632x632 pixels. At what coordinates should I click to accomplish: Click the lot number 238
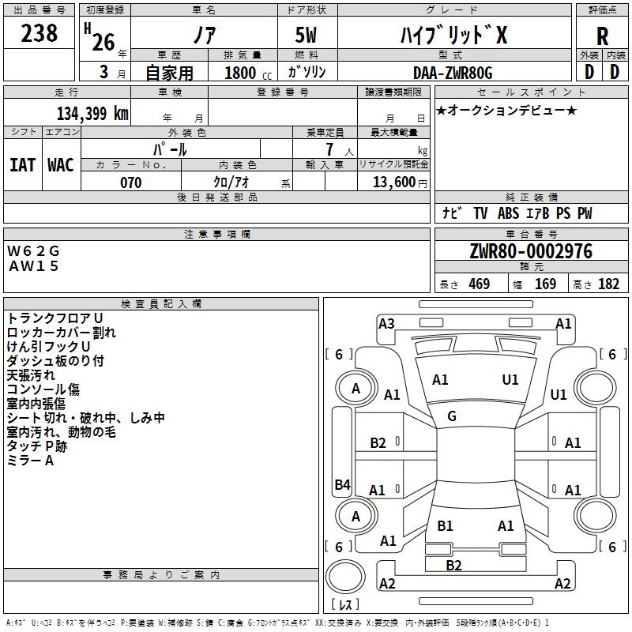point(39,33)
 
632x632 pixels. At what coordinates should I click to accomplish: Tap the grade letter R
point(602,36)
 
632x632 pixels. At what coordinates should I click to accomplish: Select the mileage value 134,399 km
point(92,114)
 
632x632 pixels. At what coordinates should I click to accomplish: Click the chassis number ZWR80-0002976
point(531,251)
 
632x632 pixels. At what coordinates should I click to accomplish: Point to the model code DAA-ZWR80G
point(453,73)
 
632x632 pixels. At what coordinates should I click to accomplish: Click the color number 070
point(131,182)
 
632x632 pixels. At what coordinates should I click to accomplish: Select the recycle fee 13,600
point(393,182)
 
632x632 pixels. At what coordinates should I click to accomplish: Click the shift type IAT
point(23,165)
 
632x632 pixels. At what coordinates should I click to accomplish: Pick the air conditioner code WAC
point(61,165)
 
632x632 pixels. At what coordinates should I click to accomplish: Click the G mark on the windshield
point(452,416)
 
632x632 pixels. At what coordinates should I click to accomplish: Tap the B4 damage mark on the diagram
point(342,484)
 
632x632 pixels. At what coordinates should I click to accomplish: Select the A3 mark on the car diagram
point(386,324)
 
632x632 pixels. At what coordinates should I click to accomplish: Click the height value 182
point(608,284)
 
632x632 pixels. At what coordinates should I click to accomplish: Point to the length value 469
point(480,284)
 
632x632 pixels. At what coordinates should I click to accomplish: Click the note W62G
point(33,251)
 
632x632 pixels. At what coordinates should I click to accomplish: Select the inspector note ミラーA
point(30,461)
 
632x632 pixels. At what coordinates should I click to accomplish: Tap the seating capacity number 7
point(329,149)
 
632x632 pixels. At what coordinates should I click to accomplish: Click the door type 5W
point(306,35)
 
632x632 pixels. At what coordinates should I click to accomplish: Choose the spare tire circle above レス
point(345,577)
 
